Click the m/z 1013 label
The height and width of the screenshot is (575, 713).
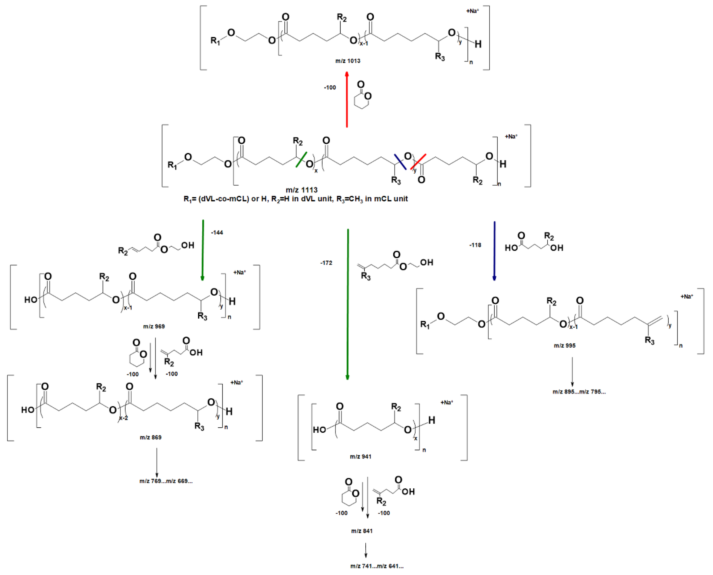point(348,61)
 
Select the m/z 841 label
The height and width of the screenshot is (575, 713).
point(362,531)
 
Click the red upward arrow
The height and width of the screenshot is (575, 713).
point(347,99)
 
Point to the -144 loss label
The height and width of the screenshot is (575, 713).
point(217,233)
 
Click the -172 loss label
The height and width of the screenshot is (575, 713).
point(326,263)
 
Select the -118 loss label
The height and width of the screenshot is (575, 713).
point(475,245)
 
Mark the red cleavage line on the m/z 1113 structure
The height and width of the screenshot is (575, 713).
point(418,162)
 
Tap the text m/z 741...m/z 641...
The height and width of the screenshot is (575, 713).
point(377,566)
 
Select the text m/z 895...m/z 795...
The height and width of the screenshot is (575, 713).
point(579,392)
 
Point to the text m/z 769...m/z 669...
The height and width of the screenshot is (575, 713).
point(166,481)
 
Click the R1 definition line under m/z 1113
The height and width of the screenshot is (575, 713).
point(296,199)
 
